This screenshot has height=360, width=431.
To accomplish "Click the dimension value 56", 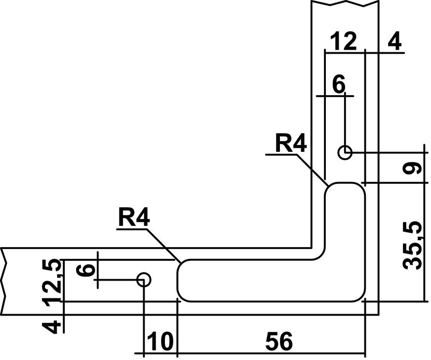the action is [279, 341].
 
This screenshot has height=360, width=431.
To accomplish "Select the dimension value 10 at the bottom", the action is [160, 341].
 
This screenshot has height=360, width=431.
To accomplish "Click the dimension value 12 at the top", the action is [344, 41].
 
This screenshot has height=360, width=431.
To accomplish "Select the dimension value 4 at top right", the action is [395, 41].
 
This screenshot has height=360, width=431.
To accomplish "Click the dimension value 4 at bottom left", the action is [51, 327].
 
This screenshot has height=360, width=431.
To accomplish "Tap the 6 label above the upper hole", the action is [339, 84].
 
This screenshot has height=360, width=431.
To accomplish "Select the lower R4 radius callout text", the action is [134, 217].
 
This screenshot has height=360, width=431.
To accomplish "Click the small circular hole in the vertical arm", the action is [345, 152].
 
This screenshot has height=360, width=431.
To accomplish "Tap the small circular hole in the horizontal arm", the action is [144, 280].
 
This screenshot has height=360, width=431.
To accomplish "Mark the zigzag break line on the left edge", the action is [3, 281].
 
